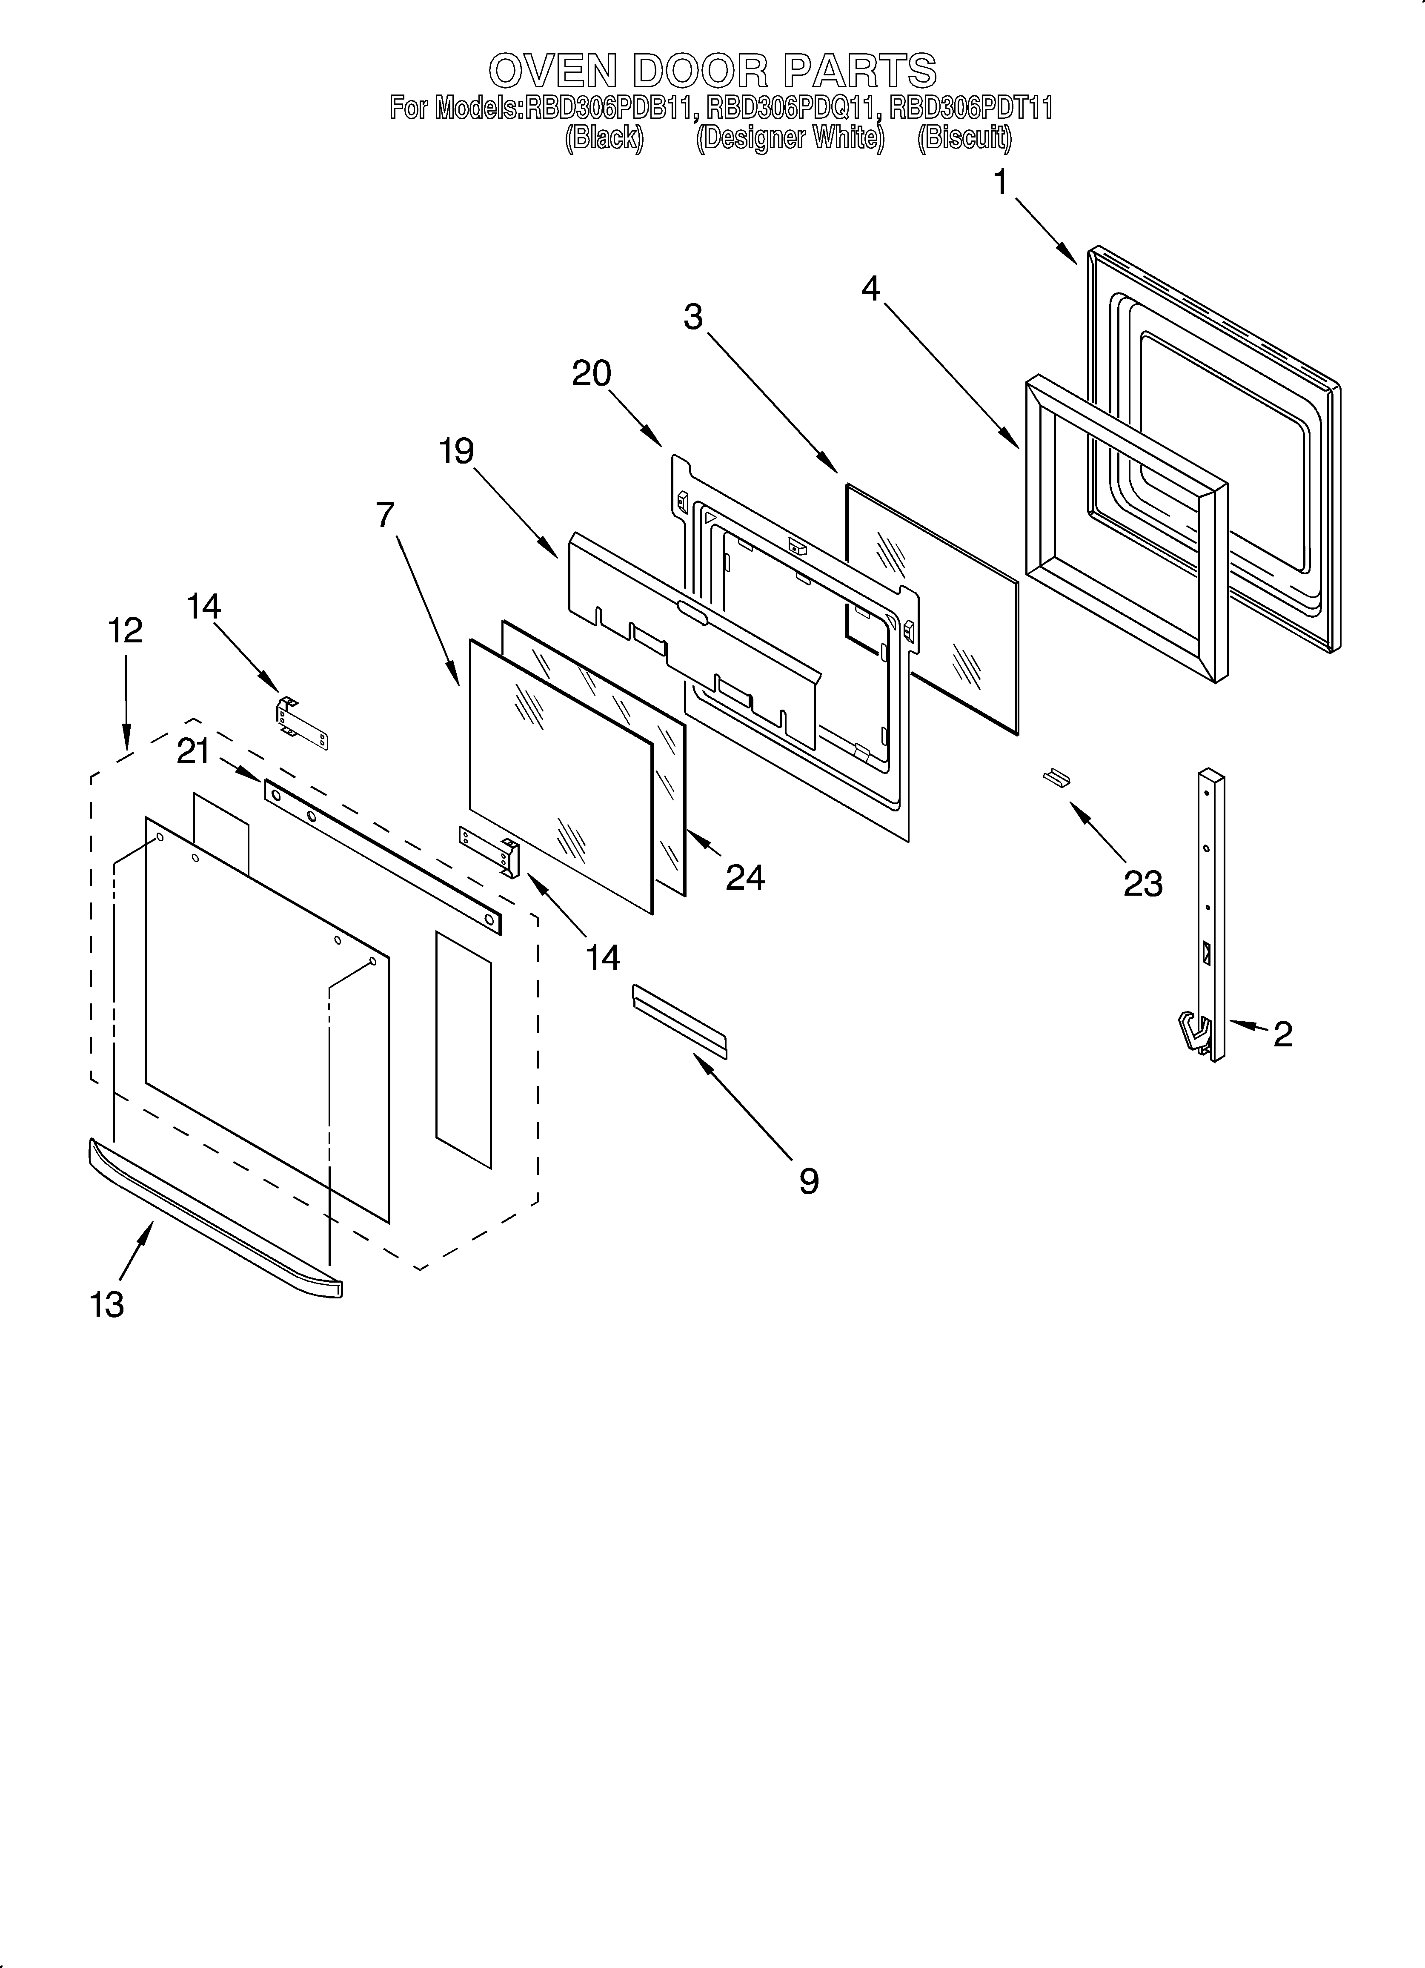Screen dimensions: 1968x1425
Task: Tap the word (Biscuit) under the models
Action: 964,138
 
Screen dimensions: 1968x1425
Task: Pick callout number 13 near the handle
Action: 107,1304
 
